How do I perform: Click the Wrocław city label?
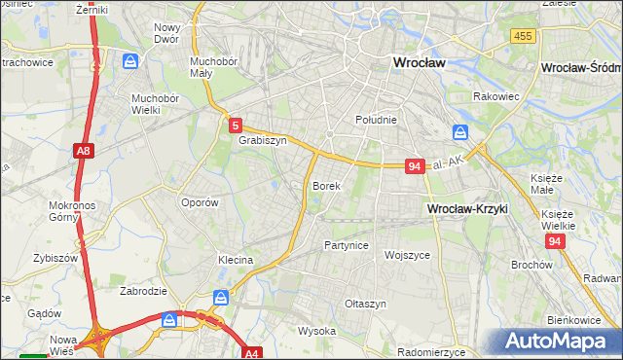pyautogui.click(x=418, y=61)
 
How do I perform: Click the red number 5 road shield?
pyautogui.click(x=236, y=125)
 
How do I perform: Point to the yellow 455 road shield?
pyautogui.click(x=522, y=35)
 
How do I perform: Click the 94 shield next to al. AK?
pyautogui.click(x=415, y=166)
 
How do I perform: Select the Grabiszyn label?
pyautogui.click(x=262, y=140)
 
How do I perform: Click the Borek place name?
pyautogui.click(x=325, y=185)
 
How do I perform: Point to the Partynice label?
pyautogui.click(x=347, y=245)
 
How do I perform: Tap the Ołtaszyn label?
pyautogui.click(x=365, y=304)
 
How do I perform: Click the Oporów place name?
pyautogui.click(x=200, y=202)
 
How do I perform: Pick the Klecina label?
pyautogui.click(x=236, y=260)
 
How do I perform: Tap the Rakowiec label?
pyautogui.click(x=495, y=96)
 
